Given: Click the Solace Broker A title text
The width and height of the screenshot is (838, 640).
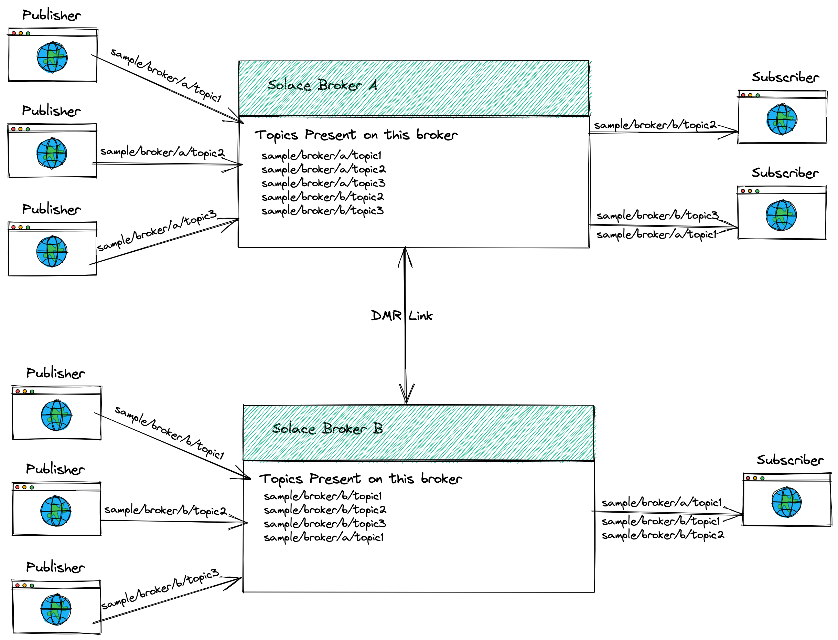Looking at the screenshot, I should click(322, 85).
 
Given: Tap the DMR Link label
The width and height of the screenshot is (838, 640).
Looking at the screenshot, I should click(401, 316).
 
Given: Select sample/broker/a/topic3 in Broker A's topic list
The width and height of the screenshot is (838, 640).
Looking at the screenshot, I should click(323, 183).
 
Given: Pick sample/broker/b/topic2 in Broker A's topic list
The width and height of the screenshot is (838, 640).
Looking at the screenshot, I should click(322, 197).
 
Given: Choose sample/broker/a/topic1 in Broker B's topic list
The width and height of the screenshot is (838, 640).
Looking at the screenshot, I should click(323, 537).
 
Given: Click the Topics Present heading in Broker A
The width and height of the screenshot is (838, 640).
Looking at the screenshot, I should click(356, 135).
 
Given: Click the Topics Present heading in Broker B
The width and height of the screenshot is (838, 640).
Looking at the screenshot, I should click(361, 479).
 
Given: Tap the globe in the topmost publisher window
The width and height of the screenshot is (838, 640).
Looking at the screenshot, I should click(53, 57).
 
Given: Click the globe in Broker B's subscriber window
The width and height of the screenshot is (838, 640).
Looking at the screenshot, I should click(786, 502).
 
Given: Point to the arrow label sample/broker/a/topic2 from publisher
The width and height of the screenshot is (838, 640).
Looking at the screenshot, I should click(162, 153).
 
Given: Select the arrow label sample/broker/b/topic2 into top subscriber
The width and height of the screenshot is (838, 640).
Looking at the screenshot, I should click(655, 125).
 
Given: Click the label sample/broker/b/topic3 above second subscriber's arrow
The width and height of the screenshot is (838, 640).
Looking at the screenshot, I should click(657, 216).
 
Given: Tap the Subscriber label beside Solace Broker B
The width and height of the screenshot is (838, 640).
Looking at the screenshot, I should click(790, 460).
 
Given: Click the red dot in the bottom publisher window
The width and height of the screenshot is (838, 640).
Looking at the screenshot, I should click(17, 586).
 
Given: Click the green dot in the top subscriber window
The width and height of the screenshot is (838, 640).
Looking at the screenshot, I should click(758, 95).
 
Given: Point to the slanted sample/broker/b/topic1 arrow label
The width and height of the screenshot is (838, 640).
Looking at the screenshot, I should click(169, 433).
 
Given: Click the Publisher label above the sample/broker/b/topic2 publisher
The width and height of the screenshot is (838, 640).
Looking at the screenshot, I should click(55, 469).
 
